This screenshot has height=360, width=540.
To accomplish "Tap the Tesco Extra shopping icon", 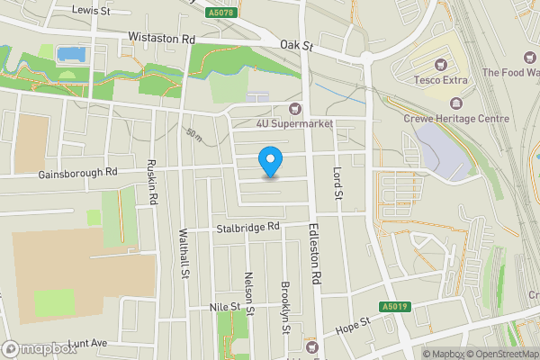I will click(x=440, y=64).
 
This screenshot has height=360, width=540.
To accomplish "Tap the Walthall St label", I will click(x=185, y=254).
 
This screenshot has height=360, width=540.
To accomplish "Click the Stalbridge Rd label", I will click(x=248, y=228).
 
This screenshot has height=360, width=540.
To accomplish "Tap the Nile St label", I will click(x=225, y=307).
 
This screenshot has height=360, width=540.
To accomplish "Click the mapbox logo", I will click(x=40, y=348).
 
